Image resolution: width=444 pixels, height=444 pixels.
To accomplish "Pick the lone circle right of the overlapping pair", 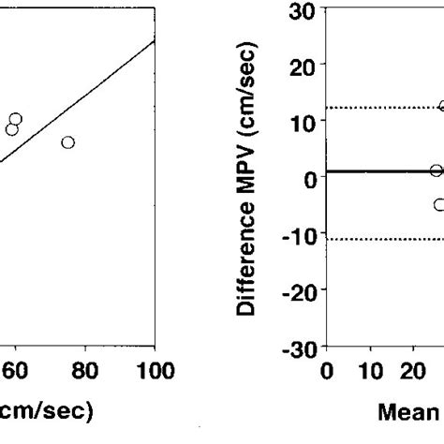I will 68,142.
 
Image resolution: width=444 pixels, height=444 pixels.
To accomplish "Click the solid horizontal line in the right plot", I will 375,170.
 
